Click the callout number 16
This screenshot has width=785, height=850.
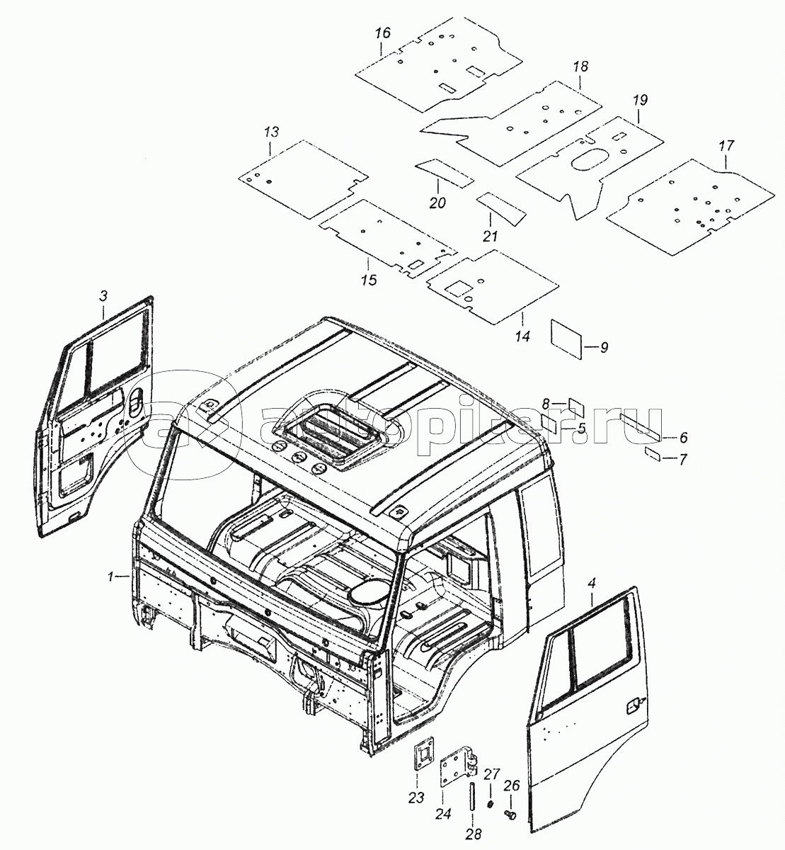[383, 33]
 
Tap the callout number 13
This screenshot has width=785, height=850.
[272, 132]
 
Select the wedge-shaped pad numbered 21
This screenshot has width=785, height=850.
[500, 205]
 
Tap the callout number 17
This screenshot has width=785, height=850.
[726, 147]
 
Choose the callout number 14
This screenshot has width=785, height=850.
[522, 337]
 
